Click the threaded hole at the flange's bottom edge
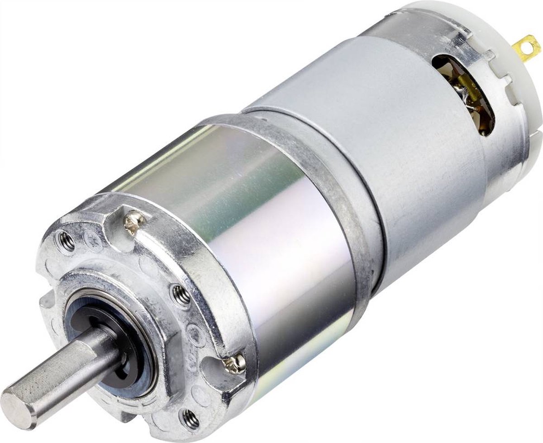pos(191,419)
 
